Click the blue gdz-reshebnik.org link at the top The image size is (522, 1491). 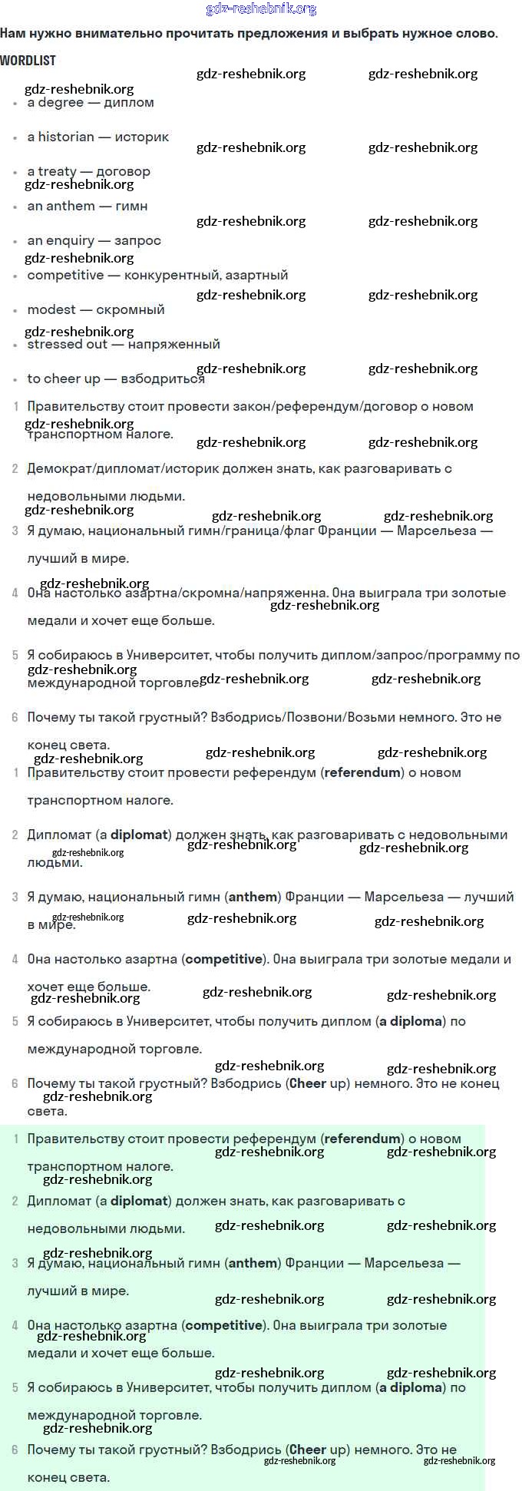tap(261, 9)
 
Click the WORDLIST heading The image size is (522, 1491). tap(28, 60)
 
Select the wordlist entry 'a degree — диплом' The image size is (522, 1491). tap(91, 103)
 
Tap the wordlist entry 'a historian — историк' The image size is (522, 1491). tap(98, 137)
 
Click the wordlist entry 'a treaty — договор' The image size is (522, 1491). tap(89, 171)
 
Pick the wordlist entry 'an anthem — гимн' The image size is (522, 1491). tap(88, 206)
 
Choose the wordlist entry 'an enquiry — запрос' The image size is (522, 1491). tap(94, 240)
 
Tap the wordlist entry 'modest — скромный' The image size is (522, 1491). tap(96, 309)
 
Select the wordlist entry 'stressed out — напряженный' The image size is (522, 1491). tap(124, 344)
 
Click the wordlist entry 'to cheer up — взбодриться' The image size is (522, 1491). tap(116, 379)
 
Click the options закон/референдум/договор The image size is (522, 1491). tap(325, 406)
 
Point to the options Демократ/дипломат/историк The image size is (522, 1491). tap(123, 468)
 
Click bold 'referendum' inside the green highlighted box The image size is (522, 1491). tap(362, 1139)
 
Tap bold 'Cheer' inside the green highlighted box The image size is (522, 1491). tap(308, 1450)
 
